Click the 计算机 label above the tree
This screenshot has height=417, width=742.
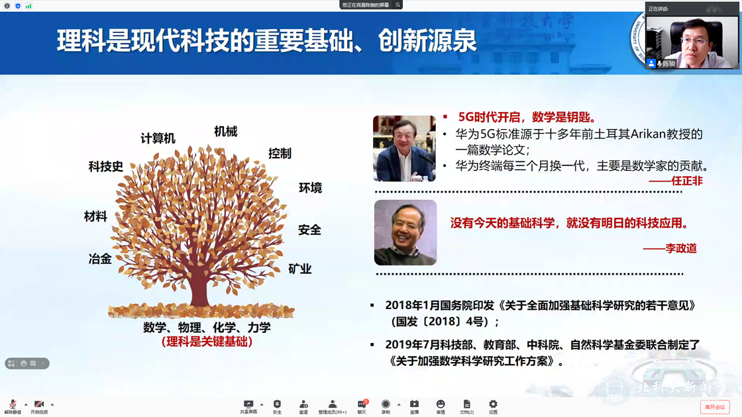pyautogui.click(x=158, y=138)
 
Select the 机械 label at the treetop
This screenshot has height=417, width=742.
pyautogui.click(x=225, y=132)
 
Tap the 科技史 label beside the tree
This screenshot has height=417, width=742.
pyautogui.click(x=106, y=167)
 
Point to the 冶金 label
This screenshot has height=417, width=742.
pyautogui.click(x=100, y=259)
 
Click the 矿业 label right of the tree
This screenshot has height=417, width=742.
pyautogui.click(x=299, y=269)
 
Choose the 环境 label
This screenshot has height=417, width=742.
pyautogui.click(x=310, y=188)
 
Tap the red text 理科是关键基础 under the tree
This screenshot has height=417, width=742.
pyautogui.click(x=207, y=342)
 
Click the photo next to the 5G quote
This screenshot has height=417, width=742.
pyautogui.click(x=404, y=148)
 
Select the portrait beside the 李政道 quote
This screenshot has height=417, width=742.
pyautogui.click(x=405, y=232)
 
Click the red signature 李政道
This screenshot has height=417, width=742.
pyautogui.click(x=670, y=248)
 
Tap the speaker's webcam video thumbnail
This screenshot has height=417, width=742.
pyautogui.click(x=692, y=41)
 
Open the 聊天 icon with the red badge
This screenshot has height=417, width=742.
pyautogui.click(x=362, y=405)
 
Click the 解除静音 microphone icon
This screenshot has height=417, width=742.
pyautogui.click(x=12, y=405)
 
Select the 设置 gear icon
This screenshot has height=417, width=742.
pyautogui.click(x=493, y=405)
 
